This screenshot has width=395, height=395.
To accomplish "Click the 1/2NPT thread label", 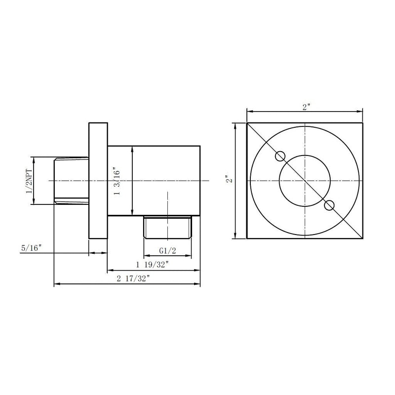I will (28, 180).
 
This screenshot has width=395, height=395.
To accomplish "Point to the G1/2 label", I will (167, 250).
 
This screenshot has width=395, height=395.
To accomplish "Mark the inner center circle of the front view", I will (305, 180).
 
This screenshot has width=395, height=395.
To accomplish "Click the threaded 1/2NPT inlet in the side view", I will (71, 180).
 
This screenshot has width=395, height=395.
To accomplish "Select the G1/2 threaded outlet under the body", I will (167, 226).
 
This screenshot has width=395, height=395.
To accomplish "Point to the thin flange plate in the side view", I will (98, 180).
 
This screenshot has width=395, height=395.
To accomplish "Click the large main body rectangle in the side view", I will (154, 180).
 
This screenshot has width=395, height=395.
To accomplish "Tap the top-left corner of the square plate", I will (247, 122).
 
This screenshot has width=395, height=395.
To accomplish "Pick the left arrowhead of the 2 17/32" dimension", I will (56, 284).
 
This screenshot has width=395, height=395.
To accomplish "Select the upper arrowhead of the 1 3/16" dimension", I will (132, 148).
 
